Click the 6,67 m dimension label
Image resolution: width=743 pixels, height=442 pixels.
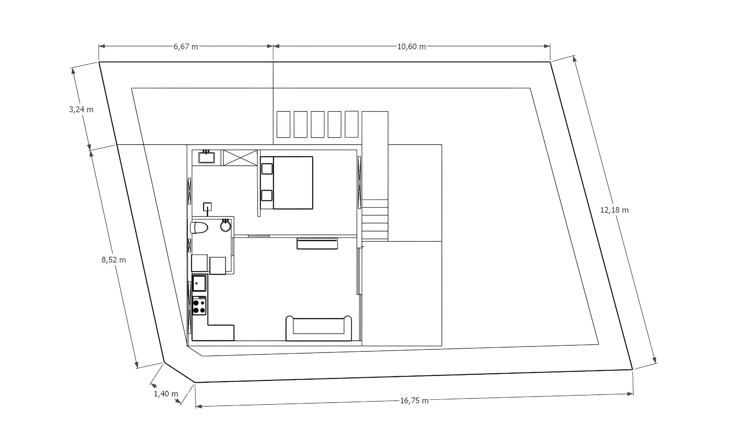click(x=186, y=46)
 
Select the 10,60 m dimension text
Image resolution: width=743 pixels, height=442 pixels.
click(x=412, y=46)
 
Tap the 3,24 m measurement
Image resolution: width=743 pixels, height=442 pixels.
click(x=81, y=109)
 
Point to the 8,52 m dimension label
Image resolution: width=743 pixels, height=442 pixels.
click(x=114, y=260)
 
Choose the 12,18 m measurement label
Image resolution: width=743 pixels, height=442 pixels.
click(x=614, y=210)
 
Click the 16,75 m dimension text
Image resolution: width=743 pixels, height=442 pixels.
click(x=414, y=400)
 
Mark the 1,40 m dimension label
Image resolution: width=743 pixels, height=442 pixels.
click(x=166, y=394)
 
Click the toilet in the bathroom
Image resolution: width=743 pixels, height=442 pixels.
click(x=199, y=228)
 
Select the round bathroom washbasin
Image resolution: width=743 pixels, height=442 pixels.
click(x=226, y=226)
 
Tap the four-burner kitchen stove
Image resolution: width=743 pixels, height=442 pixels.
click(x=199, y=306)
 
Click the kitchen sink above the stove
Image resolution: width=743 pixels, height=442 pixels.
click(x=199, y=283)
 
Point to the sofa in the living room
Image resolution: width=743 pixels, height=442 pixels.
click(x=319, y=329)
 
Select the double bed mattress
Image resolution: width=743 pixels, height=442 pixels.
click(x=293, y=183)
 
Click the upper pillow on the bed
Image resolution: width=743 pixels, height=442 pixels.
click(x=267, y=169)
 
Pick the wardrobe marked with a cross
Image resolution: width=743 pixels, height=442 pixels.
click(x=240, y=158)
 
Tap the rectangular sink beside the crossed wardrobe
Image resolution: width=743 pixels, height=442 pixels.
click(x=206, y=157)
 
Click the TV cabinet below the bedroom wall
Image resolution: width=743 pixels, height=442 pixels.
click(x=317, y=243)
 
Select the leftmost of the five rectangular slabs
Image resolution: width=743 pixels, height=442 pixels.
click(x=283, y=124)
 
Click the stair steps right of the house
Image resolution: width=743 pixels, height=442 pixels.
click(x=375, y=220)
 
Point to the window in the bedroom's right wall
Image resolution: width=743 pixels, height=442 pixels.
click(x=359, y=182)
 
